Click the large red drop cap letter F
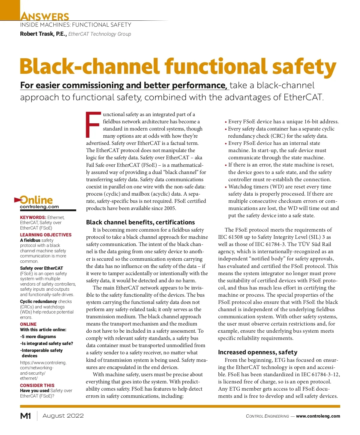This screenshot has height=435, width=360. pyautogui.click(x=93, y=124)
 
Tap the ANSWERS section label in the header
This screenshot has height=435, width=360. pyautogui.click(x=45, y=16)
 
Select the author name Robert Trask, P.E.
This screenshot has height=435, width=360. pyautogui.click(x=43, y=34)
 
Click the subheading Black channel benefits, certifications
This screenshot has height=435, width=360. pyautogui.click(x=140, y=222)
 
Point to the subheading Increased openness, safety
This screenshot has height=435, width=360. pyautogui.click(x=258, y=352)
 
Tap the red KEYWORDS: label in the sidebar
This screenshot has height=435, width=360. pyautogui.click(x=33, y=217)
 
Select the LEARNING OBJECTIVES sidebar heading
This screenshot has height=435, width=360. pyautogui.click(x=46, y=235)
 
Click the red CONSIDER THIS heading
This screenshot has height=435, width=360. pyautogui.click(x=37, y=385)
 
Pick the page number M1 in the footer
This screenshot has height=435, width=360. pyautogui.click(x=25, y=416)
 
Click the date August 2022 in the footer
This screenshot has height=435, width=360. pyautogui.click(x=63, y=416)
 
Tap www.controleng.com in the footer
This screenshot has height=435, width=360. pyautogui.click(x=318, y=416)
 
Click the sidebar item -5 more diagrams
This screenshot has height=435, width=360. pyautogui.click(x=38, y=337)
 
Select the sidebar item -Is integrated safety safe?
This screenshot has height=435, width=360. pyautogui.click(x=46, y=343)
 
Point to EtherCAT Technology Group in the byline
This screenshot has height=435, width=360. pyautogui.click(x=100, y=34)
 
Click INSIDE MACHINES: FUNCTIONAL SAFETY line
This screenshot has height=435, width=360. pyautogui.click(x=76, y=25)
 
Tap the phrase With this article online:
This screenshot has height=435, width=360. pyautogui.click(x=43, y=330)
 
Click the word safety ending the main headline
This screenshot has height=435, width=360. pyautogui.click(x=304, y=66)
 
